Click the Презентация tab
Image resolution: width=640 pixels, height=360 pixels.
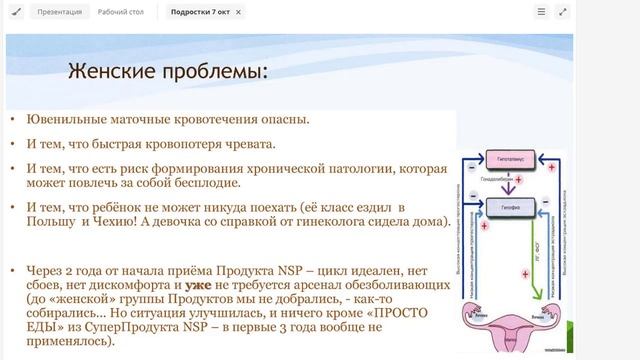pyautogui.click(x=60, y=12)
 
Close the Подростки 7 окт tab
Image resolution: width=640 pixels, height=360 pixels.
pyautogui.click(x=238, y=12)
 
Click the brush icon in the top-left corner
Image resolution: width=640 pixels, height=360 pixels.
pyautogui.click(x=13, y=12)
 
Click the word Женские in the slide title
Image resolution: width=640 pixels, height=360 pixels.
pyautogui.click(x=109, y=71)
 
